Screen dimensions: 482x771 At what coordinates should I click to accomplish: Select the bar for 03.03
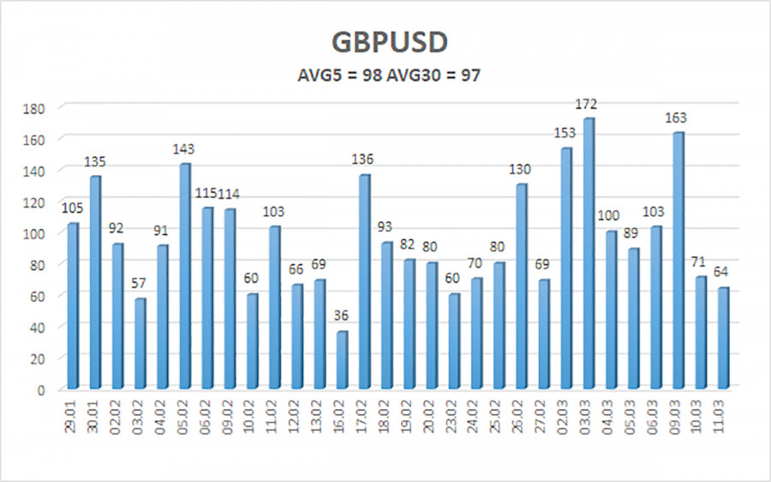pos(589,253)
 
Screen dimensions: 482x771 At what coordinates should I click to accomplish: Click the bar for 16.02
pos(341,359)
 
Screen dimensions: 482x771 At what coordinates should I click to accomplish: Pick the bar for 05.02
pos(185,275)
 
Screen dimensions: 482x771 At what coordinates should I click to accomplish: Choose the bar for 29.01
pos(73,305)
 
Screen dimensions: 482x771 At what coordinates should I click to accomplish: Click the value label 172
pos(587,105)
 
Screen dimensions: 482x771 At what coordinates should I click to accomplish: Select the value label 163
pos(677,118)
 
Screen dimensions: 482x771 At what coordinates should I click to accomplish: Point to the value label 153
pos(565,134)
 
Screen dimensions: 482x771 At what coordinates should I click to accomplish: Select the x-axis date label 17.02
pos(364,415)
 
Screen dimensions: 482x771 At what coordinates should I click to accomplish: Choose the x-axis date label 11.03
pos(722,415)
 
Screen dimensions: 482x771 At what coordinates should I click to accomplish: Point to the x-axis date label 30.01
pos(95,415)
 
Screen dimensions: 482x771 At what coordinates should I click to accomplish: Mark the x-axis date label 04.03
pos(611,415)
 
